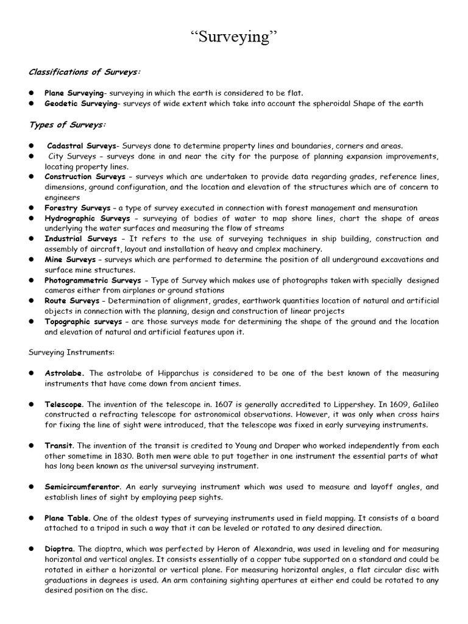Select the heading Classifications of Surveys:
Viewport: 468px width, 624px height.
coord(85,72)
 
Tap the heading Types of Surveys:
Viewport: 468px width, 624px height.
coord(67,125)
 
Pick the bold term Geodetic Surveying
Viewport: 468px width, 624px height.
coord(80,104)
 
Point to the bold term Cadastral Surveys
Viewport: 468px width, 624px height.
coord(82,146)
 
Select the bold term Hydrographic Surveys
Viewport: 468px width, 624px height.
coord(87,218)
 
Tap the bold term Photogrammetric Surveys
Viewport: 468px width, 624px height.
coord(93,280)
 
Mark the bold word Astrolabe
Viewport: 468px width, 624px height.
coord(64,373)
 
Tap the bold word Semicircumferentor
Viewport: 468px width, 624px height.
coord(82,487)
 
